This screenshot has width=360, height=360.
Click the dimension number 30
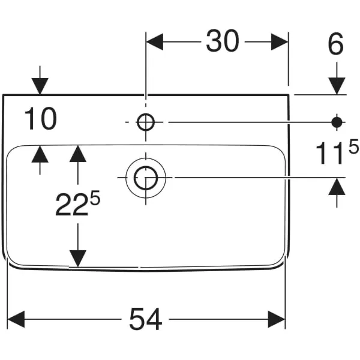click(x=222, y=41)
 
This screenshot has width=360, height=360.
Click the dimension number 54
click(x=146, y=320)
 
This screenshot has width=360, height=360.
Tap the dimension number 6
click(x=336, y=44)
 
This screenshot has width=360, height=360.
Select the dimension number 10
click(x=41, y=119)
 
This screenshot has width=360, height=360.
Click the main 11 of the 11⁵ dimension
click(x=329, y=154)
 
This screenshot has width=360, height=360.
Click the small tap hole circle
click(x=146, y=122)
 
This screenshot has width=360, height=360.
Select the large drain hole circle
click(x=146, y=178)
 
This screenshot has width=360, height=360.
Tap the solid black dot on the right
click(x=337, y=122)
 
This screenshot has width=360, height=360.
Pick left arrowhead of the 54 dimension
click(x=16, y=320)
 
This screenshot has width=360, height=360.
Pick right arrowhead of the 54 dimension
click(x=277, y=320)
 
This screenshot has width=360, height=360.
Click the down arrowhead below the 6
click(x=337, y=86)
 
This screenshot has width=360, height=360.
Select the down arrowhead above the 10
click(x=40, y=86)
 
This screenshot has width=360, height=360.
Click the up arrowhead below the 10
click(x=40, y=154)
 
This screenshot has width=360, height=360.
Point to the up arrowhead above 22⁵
click(x=77, y=154)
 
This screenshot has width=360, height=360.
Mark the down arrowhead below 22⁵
click(x=77, y=258)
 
